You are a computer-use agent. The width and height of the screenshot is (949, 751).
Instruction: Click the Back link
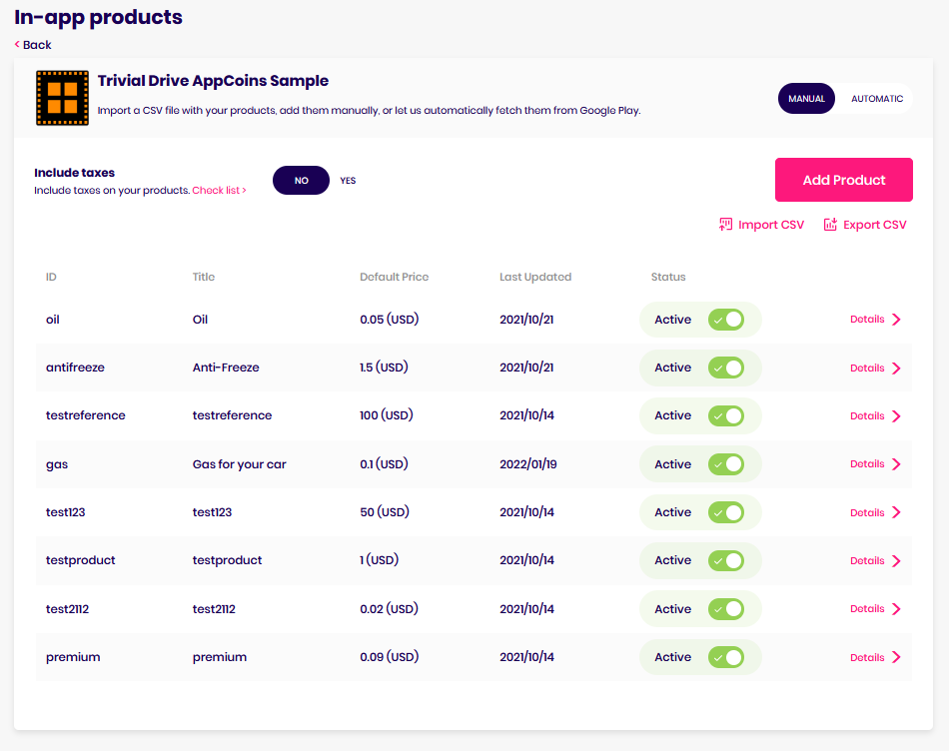point(33,45)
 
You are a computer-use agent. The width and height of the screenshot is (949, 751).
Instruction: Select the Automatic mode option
point(876,99)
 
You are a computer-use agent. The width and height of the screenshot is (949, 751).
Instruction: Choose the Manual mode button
point(806,99)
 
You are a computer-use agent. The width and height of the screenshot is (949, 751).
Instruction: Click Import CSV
point(761,225)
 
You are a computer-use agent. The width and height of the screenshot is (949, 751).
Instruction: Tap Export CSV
point(865,225)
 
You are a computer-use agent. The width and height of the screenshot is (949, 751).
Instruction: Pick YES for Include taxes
point(348,181)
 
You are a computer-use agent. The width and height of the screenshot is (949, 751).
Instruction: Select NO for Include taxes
point(301,181)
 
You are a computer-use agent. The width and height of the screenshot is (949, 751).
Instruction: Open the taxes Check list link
point(219,190)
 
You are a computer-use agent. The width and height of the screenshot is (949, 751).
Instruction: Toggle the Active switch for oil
point(726,320)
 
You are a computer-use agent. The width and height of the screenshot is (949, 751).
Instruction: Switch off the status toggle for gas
point(726,464)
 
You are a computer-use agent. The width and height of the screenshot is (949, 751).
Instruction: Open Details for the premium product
point(875,657)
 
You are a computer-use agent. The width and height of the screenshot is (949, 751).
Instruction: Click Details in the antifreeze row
point(875,368)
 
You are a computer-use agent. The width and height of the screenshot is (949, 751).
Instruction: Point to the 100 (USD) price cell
point(387,415)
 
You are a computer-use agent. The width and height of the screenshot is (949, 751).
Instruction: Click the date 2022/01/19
point(526,464)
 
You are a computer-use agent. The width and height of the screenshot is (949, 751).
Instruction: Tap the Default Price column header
point(394,277)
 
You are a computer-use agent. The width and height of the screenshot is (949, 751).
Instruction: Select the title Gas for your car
point(239,464)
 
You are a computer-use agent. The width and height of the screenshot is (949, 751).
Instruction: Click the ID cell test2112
point(68,609)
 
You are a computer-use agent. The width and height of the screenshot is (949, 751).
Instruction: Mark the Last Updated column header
point(535,277)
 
